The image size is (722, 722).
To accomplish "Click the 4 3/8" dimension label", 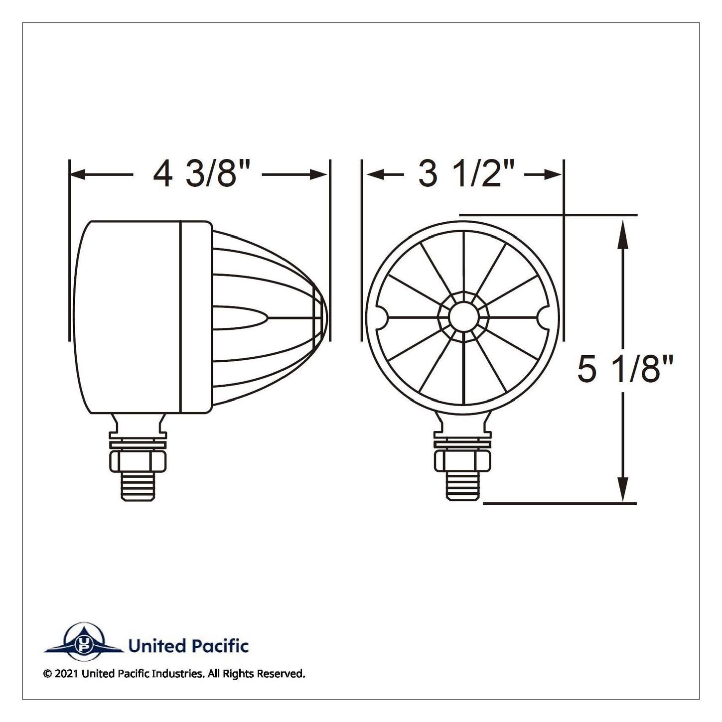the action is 201,174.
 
